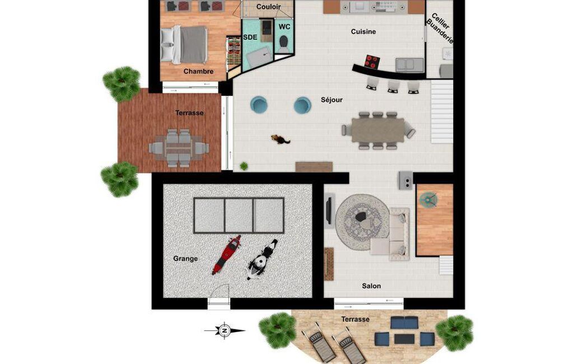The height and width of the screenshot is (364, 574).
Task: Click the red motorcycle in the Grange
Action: coord(226,255)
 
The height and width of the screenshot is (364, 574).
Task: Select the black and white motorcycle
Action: coord(262,259)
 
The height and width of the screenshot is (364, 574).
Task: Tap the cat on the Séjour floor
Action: coord(281,139)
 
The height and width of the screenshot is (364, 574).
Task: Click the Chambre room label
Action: coord(198,72)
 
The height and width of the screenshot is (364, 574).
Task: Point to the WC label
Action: coord(284,27)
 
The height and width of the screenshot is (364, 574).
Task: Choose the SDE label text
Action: coord(250,38)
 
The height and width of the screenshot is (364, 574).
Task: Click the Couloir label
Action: coord(268,7)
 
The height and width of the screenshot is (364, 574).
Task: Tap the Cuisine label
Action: coord(363,31)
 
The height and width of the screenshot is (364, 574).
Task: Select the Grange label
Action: coord(185,259)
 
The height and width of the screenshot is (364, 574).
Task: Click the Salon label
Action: coord(371,286)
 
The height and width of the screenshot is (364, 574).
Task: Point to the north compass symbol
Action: coord(225,330)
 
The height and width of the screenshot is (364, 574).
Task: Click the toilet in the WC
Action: coord(283,44)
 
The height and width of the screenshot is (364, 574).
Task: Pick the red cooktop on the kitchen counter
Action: coord(372,62)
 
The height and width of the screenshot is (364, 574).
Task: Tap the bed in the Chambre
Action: coord(184,44)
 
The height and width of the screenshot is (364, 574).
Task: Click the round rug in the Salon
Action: coord(363,222)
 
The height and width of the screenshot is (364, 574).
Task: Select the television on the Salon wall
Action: coord(329,212)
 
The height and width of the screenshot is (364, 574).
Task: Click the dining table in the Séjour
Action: coord(378,130)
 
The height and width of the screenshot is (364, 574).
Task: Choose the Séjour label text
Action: coord(332,100)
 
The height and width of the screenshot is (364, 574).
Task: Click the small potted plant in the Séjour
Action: coord(244,166)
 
